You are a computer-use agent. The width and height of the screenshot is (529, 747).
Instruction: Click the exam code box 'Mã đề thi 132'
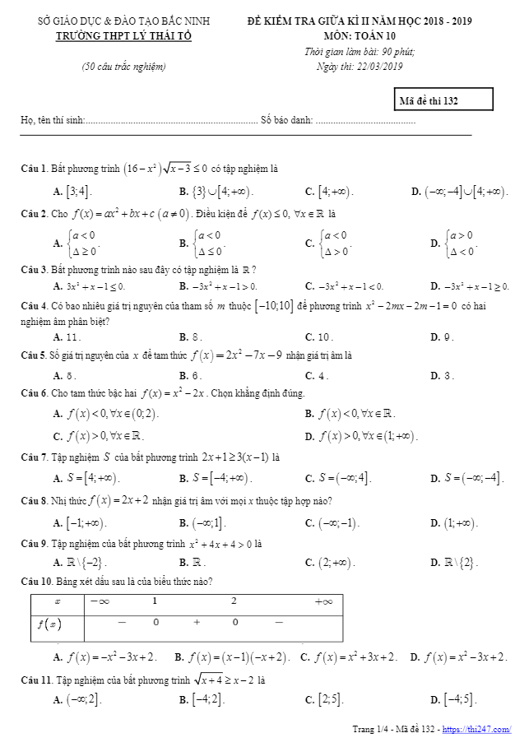[x=443, y=100]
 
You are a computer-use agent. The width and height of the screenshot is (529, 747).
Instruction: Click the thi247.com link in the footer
[x=476, y=730]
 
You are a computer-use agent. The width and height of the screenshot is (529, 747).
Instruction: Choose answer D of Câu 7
[x=467, y=478]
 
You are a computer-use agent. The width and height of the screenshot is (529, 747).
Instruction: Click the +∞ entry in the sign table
[x=323, y=601]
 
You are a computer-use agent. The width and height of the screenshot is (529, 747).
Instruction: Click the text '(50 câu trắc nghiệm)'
[x=123, y=67]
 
